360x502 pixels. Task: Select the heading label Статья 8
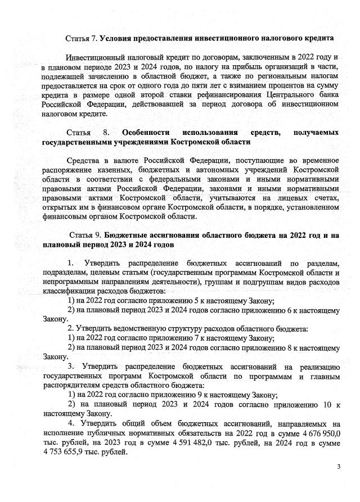pos(85,132)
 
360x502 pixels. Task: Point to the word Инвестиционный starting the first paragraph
pos(97,57)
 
